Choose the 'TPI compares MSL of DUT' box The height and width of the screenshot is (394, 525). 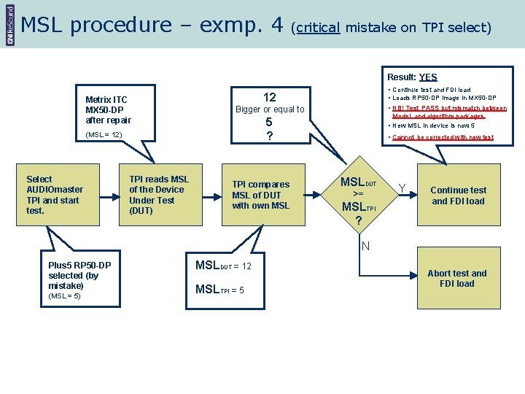click(261, 195)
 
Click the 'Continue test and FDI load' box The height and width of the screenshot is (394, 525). click(458, 196)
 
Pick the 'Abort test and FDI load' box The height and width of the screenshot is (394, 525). click(457, 279)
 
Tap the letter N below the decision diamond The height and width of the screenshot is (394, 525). click(366, 246)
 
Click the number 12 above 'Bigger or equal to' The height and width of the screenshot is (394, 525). click(269, 97)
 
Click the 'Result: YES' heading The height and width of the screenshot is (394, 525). click(412, 77)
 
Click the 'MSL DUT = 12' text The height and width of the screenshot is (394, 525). click(223, 266)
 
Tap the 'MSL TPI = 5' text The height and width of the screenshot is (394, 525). click(219, 290)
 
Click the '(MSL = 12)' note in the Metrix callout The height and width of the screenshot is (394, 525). click(104, 135)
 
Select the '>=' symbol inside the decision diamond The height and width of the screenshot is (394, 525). click(357, 194)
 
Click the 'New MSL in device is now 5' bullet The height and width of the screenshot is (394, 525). click(435, 125)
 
